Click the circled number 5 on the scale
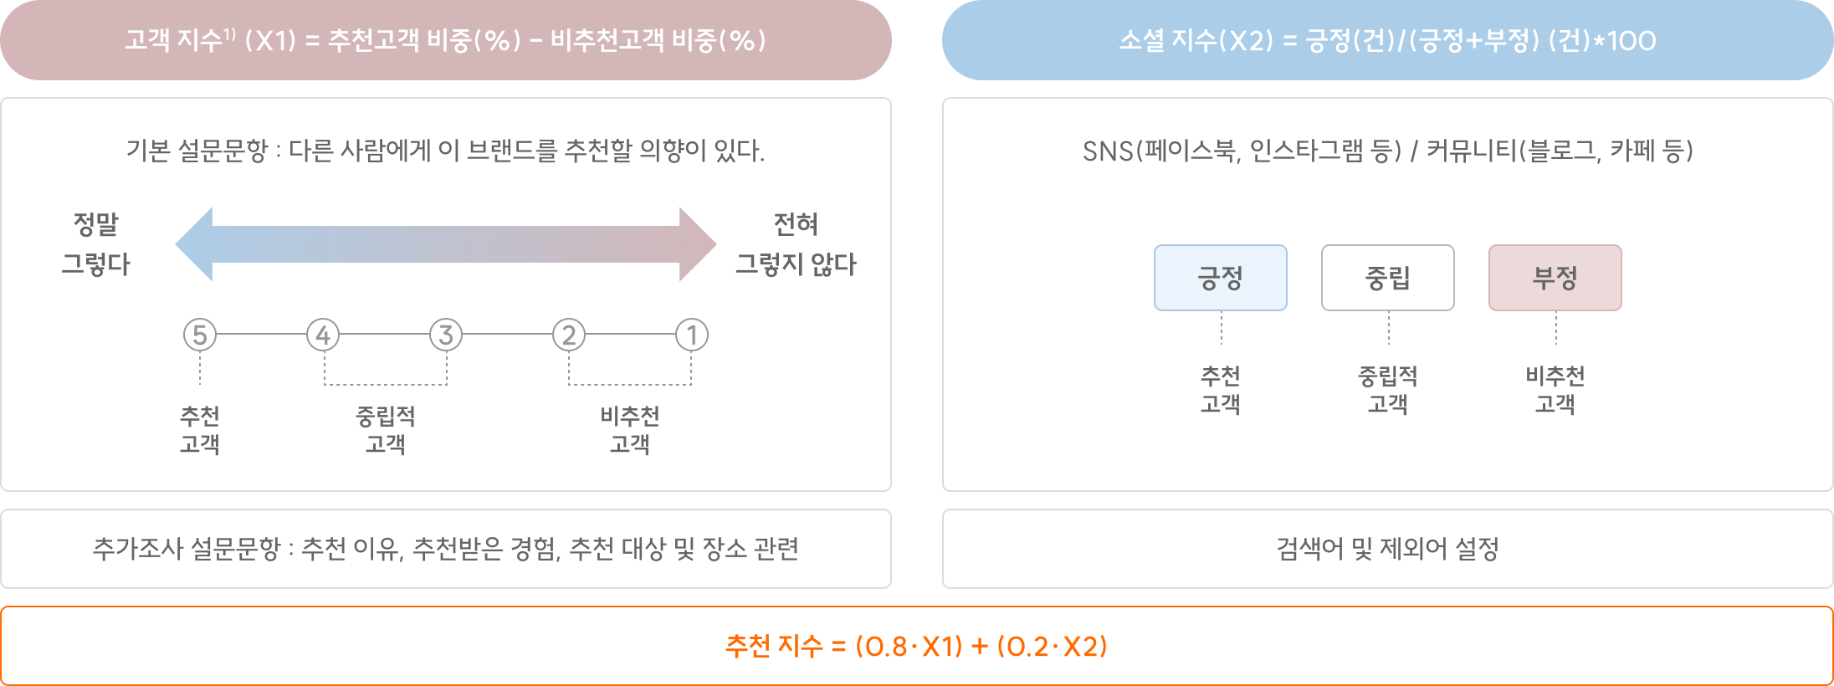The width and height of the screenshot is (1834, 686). (200, 335)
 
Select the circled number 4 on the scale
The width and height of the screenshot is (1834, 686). (323, 335)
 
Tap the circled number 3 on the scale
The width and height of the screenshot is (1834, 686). (446, 335)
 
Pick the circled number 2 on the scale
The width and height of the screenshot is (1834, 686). (569, 335)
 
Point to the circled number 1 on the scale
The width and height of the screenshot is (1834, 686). (692, 335)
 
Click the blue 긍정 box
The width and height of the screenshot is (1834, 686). (1221, 278)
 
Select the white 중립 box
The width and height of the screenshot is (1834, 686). (1388, 278)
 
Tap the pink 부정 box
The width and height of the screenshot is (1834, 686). (1555, 278)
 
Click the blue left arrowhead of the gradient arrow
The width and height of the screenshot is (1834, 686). (194, 244)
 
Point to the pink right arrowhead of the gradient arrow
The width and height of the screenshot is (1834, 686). (698, 244)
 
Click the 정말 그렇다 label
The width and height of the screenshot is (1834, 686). (96, 244)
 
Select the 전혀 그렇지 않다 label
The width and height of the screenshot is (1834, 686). (796, 244)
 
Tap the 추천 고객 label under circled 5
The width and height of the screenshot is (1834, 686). (200, 430)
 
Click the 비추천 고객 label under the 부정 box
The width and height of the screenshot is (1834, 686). (1555, 390)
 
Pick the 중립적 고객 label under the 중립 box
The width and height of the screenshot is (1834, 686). (1388, 390)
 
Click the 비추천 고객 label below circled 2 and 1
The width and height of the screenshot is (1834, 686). (630, 430)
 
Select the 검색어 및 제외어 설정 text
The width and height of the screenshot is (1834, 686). (1388, 549)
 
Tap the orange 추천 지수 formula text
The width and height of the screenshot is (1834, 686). (917, 646)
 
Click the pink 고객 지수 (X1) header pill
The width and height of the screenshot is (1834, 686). (446, 40)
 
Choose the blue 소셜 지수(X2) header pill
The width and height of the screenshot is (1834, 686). (1388, 40)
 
